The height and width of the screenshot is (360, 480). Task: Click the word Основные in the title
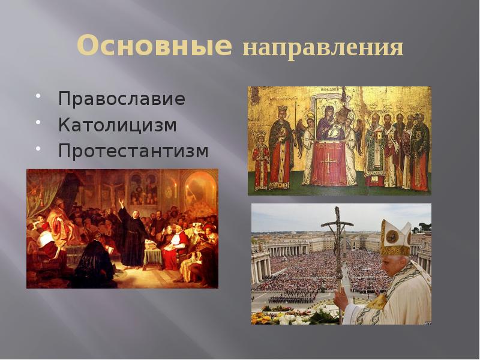click(154, 46)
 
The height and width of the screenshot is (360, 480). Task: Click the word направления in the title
click(323, 48)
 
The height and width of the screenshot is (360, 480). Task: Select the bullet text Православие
click(122, 99)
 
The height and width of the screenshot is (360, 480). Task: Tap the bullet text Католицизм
click(118, 125)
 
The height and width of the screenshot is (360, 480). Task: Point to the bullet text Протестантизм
click(133, 151)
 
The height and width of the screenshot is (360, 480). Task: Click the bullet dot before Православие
click(38, 95)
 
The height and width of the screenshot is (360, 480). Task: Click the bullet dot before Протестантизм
click(38, 148)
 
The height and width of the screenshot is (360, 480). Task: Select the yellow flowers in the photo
click(265, 317)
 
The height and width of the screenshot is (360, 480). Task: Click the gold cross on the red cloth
click(328, 161)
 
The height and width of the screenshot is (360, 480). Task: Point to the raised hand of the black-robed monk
click(119, 203)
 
